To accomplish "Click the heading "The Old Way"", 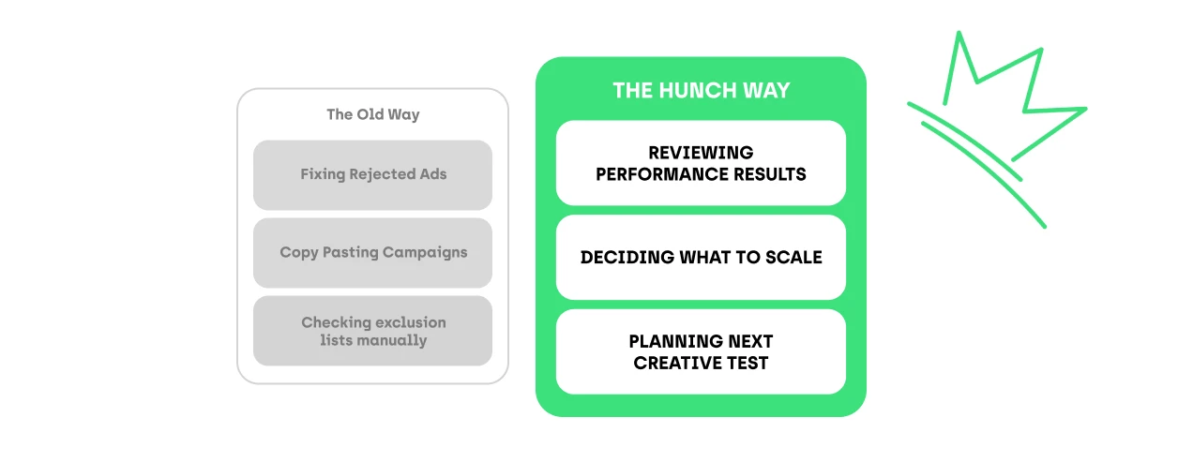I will pyautogui.click(x=372, y=114).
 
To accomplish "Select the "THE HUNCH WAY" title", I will pyautogui.click(x=701, y=91).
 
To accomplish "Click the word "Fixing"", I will pyautogui.click(x=323, y=174).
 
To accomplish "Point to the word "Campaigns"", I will pyautogui.click(x=426, y=252).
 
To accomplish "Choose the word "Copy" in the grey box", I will pyautogui.click(x=298, y=252).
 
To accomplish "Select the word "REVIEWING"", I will pyautogui.click(x=701, y=153).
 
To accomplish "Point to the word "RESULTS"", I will pyautogui.click(x=771, y=173).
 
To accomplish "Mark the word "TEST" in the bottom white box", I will pyautogui.click(x=747, y=363).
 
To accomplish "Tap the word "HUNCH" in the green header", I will pyautogui.click(x=695, y=91).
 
